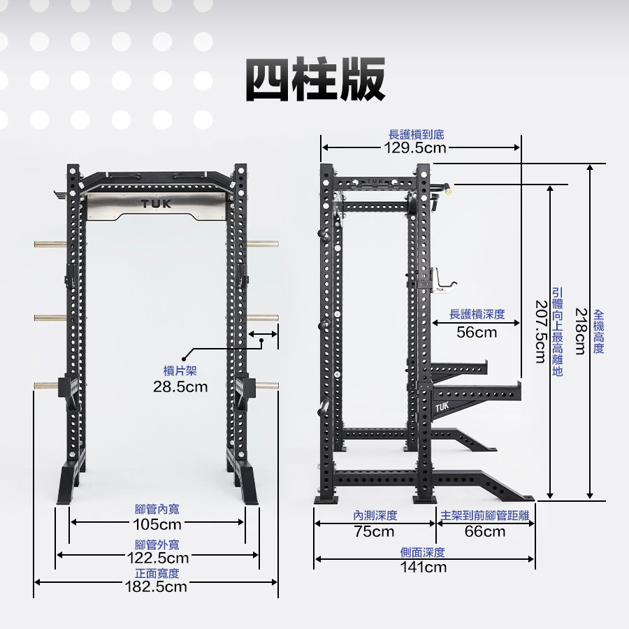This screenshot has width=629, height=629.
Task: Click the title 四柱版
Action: coord(316,79)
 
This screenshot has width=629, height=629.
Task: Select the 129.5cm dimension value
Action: coord(415,148)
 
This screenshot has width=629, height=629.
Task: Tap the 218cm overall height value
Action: coord(581,331)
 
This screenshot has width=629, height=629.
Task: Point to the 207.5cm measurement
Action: coord(541,332)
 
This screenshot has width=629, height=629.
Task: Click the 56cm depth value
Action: coord(477,332)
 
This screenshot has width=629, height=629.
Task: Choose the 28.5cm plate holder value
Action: coord(180,386)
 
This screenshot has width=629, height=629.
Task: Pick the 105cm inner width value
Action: coord(157,524)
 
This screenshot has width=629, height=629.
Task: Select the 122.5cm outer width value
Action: coord(158,558)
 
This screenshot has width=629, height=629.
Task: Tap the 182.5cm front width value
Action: coord(156,586)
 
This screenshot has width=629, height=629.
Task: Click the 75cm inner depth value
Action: coord(375,532)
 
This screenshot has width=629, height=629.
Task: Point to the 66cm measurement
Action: coord(485,532)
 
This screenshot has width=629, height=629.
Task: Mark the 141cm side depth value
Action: coord(424,567)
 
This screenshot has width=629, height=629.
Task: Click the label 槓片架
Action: coord(180,370)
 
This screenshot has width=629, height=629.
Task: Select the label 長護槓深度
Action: coord(477,314)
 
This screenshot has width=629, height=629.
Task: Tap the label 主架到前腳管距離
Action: coord(485,515)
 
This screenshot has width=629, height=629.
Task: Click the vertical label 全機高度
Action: coord(598,331)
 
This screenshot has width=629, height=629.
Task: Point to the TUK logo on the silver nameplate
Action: coord(157,204)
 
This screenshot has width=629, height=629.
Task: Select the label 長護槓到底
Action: coord(417,134)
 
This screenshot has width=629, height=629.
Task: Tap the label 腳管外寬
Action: coord(157,544)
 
